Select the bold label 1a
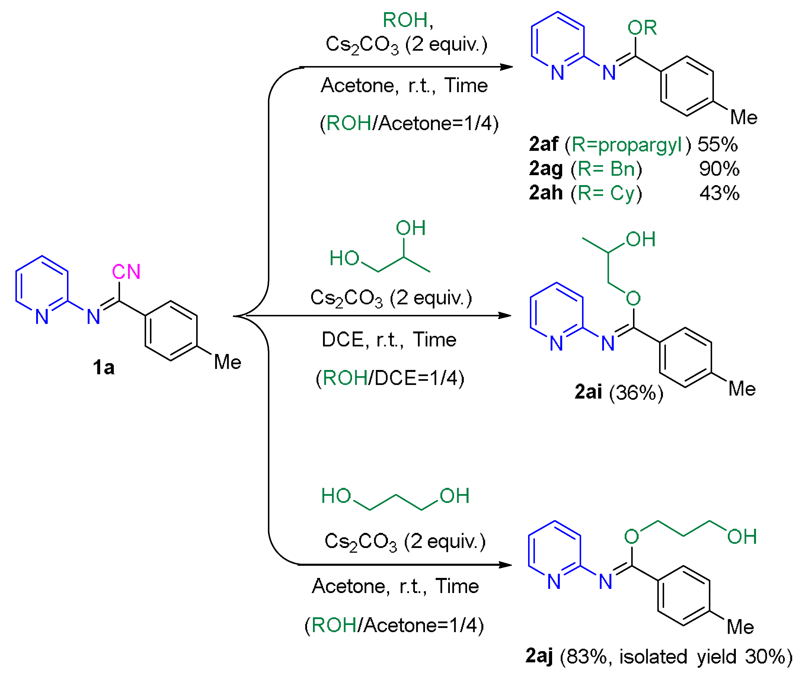[103, 367]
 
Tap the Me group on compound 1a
[228, 362]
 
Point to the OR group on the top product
[642, 28]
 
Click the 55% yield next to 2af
[717, 144]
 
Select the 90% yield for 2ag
[719, 169]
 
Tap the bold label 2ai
[588, 392]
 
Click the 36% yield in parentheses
[636, 392]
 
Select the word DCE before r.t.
[343, 340]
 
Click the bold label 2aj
[539, 656]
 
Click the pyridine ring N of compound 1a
[42, 317]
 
